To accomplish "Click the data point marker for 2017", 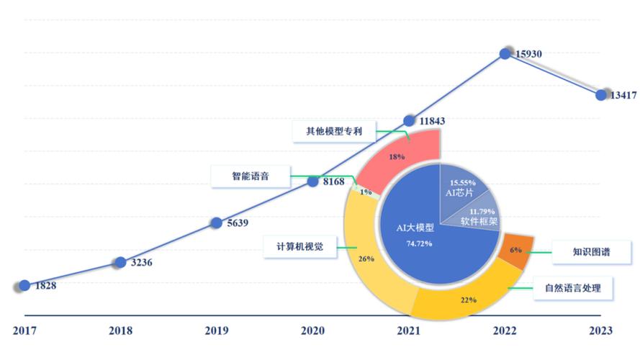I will coord(25,286).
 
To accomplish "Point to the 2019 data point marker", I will coord(215,222).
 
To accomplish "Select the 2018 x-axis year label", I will coord(120,330).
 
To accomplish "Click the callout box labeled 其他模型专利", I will coord(333,131).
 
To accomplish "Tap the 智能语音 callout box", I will coord(250,176).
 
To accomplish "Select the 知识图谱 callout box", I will coord(591,253).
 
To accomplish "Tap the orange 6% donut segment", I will coord(515,249).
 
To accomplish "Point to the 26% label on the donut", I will coord(366,258).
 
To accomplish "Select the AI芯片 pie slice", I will coord(462,188).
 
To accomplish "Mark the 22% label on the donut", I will coord(469,299).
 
